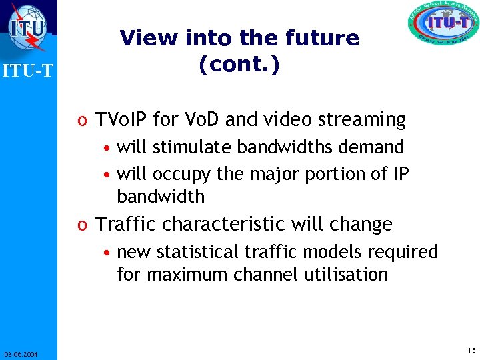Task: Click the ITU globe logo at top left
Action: (x=28, y=27)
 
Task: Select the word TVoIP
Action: (x=122, y=120)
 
